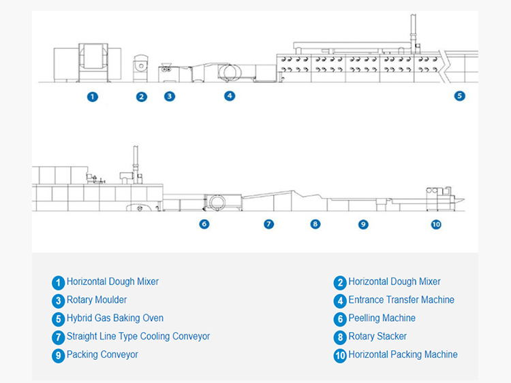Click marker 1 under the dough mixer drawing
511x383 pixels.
click(x=93, y=97)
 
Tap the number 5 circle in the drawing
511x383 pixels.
click(x=460, y=96)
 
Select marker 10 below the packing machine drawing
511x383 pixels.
click(x=436, y=224)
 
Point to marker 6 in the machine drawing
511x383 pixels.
click(x=204, y=224)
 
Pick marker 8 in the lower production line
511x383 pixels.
click(x=315, y=224)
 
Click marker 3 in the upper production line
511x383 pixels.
click(x=170, y=97)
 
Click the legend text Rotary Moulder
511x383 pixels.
click(x=97, y=300)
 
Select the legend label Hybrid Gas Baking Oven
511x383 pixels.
click(x=115, y=318)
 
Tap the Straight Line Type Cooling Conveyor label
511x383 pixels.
click(x=138, y=336)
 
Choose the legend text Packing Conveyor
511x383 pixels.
click(x=102, y=354)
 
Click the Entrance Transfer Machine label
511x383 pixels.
click(x=401, y=300)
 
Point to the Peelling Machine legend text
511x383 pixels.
click(x=382, y=318)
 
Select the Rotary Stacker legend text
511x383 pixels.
click(x=377, y=336)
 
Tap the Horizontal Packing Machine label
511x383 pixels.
click(x=403, y=354)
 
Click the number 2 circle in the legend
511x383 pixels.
click(x=340, y=282)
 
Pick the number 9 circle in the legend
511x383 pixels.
click(x=59, y=355)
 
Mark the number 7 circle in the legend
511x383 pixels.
click(x=59, y=337)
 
